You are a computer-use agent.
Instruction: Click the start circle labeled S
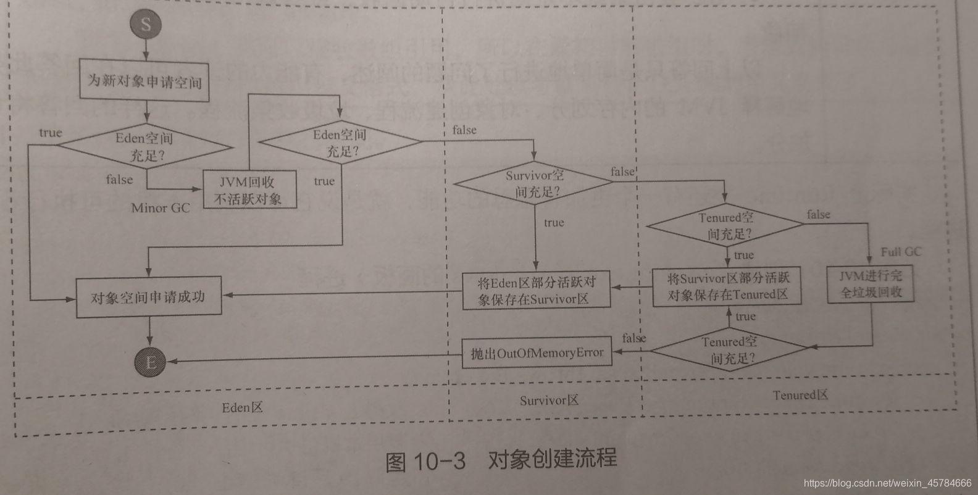click(x=146, y=25)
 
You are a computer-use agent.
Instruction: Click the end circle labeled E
click(x=150, y=362)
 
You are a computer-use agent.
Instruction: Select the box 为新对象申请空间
click(x=144, y=81)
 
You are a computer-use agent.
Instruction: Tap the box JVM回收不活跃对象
click(x=249, y=190)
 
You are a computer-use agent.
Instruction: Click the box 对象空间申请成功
click(x=148, y=297)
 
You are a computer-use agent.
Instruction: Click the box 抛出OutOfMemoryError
click(x=537, y=353)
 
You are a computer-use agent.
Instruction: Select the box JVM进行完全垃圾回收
click(x=870, y=285)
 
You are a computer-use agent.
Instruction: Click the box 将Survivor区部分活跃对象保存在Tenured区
click(x=727, y=287)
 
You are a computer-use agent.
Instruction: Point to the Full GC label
click(x=900, y=252)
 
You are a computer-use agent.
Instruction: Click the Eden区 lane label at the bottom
click(x=243, y=407)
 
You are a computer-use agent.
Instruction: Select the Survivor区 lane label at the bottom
click(x=548, y=401)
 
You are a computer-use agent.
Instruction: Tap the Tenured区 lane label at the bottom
click(x=800, y=395)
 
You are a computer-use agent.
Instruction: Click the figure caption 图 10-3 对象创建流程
click(x=500, y=460)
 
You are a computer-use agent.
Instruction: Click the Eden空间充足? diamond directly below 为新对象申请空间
click(x=146, y=147)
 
